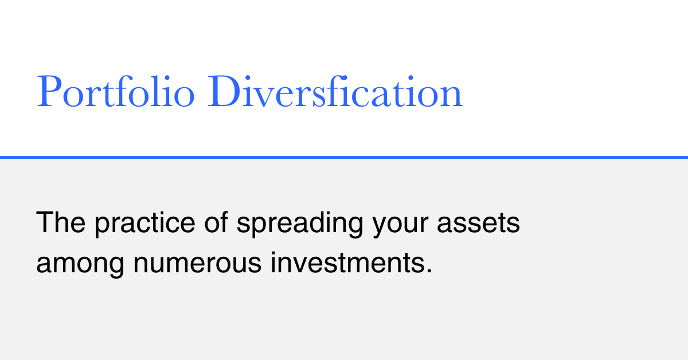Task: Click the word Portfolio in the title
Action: click(115, 91)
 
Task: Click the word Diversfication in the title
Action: click(335, 91)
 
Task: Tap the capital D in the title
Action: click(224, 91)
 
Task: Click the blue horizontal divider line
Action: click(344, 157)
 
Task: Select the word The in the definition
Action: click(61, 222)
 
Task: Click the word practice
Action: click(145, 224)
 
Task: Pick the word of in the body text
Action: click(216, 222)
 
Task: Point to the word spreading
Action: click(300, 224)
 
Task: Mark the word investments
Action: click(347, 263)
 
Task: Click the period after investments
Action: click(429, 271)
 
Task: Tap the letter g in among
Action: click(115, 267)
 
